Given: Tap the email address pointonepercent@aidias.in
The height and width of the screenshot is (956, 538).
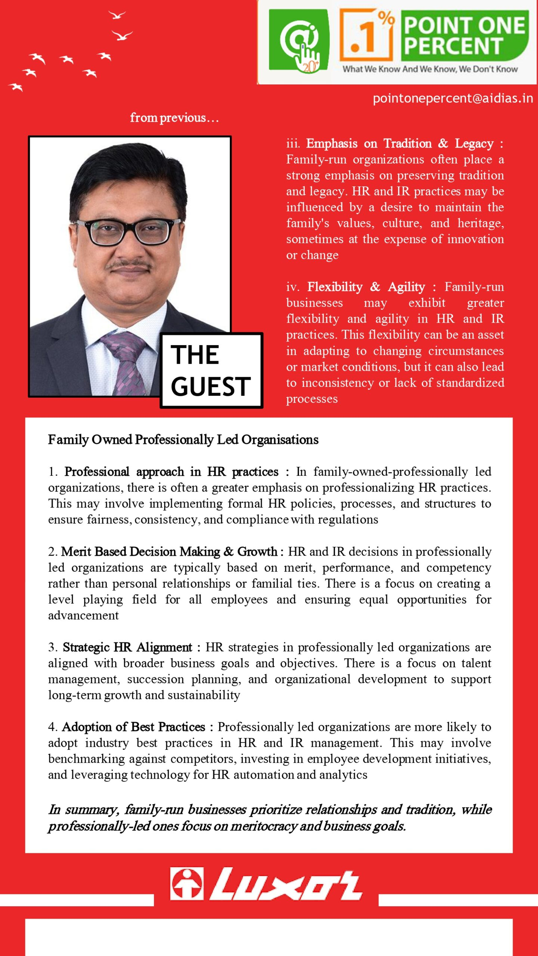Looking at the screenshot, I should tap(452, 98).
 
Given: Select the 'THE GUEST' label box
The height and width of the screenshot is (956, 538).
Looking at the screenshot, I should tap(211, 370).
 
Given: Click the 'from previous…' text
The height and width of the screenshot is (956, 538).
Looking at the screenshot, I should tap(174, 118).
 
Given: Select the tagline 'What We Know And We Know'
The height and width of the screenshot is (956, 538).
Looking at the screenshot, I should tap(430, 69).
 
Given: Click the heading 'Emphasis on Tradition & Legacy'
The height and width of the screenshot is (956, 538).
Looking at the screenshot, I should tap(400, 144).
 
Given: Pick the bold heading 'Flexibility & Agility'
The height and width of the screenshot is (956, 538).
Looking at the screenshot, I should tap(366, 287).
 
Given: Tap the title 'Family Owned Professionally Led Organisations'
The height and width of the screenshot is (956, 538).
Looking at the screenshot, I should tap(183, 440).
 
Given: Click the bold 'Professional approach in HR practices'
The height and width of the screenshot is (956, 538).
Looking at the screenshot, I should tap(171, 472).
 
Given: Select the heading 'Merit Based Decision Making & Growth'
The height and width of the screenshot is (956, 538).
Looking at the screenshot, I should tap(169, 552).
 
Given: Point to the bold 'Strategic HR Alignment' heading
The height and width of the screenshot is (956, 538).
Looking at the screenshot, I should tap(127, 648).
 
